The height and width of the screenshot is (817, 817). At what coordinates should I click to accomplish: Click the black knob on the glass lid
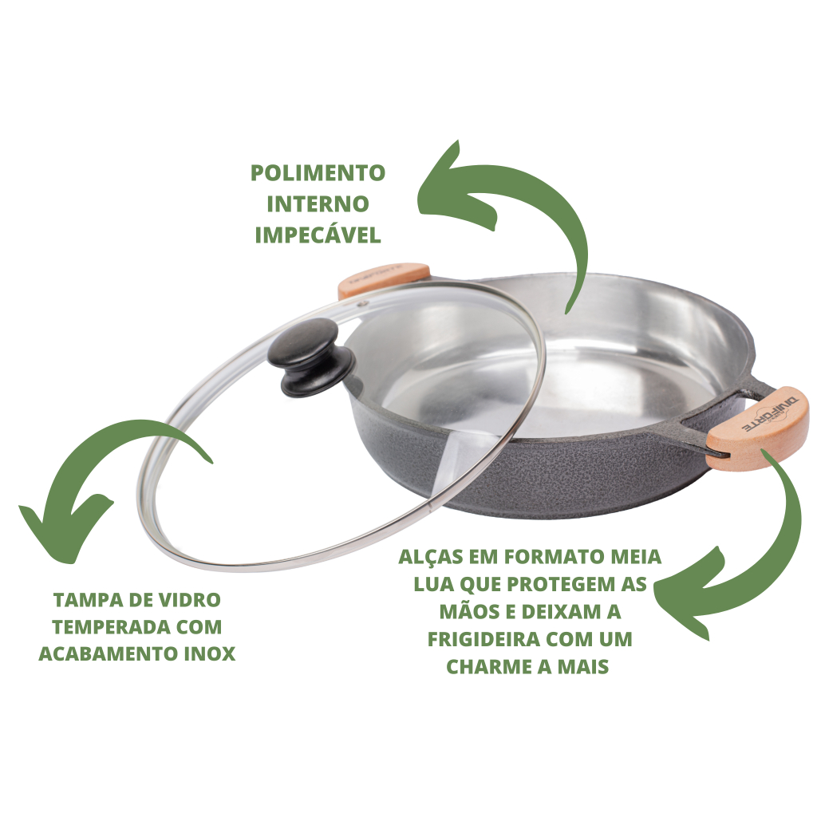(311, 357)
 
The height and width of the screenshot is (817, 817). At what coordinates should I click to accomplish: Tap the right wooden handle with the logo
(759, 428)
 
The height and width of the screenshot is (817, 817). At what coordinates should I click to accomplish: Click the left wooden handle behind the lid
(384, 280)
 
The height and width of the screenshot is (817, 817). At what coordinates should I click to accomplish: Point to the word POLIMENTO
(318, 173)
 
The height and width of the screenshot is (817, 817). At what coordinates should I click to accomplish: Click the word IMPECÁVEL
(318, 235)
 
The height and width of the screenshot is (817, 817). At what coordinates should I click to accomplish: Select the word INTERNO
(318, 204)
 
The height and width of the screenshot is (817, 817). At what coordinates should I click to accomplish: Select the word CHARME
(488, 666)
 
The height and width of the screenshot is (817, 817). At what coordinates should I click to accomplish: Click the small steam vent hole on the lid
(365, 303)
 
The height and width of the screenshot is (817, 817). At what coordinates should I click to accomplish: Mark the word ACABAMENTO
(105, 653)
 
